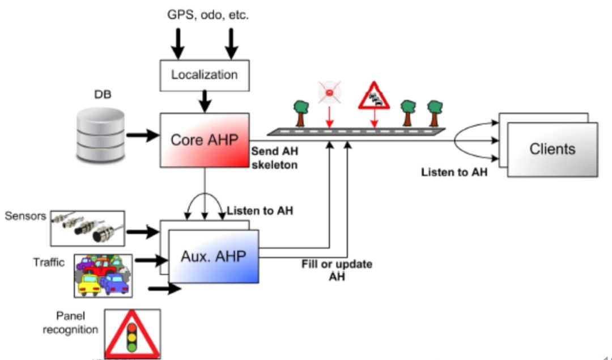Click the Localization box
[x=204, y=74]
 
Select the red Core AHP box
[x=204, y=140]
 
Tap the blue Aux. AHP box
[x=214, y=256]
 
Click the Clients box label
[x=552, y=149]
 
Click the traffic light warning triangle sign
[x=132, y=333]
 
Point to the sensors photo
[x=87, y=226]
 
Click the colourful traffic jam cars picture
[x=103, y=276]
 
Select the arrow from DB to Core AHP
[x=142, y=135]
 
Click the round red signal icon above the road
[x=329, y=92]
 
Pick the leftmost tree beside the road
[x=300, y=112]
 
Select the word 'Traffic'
[x=49, y=262]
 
